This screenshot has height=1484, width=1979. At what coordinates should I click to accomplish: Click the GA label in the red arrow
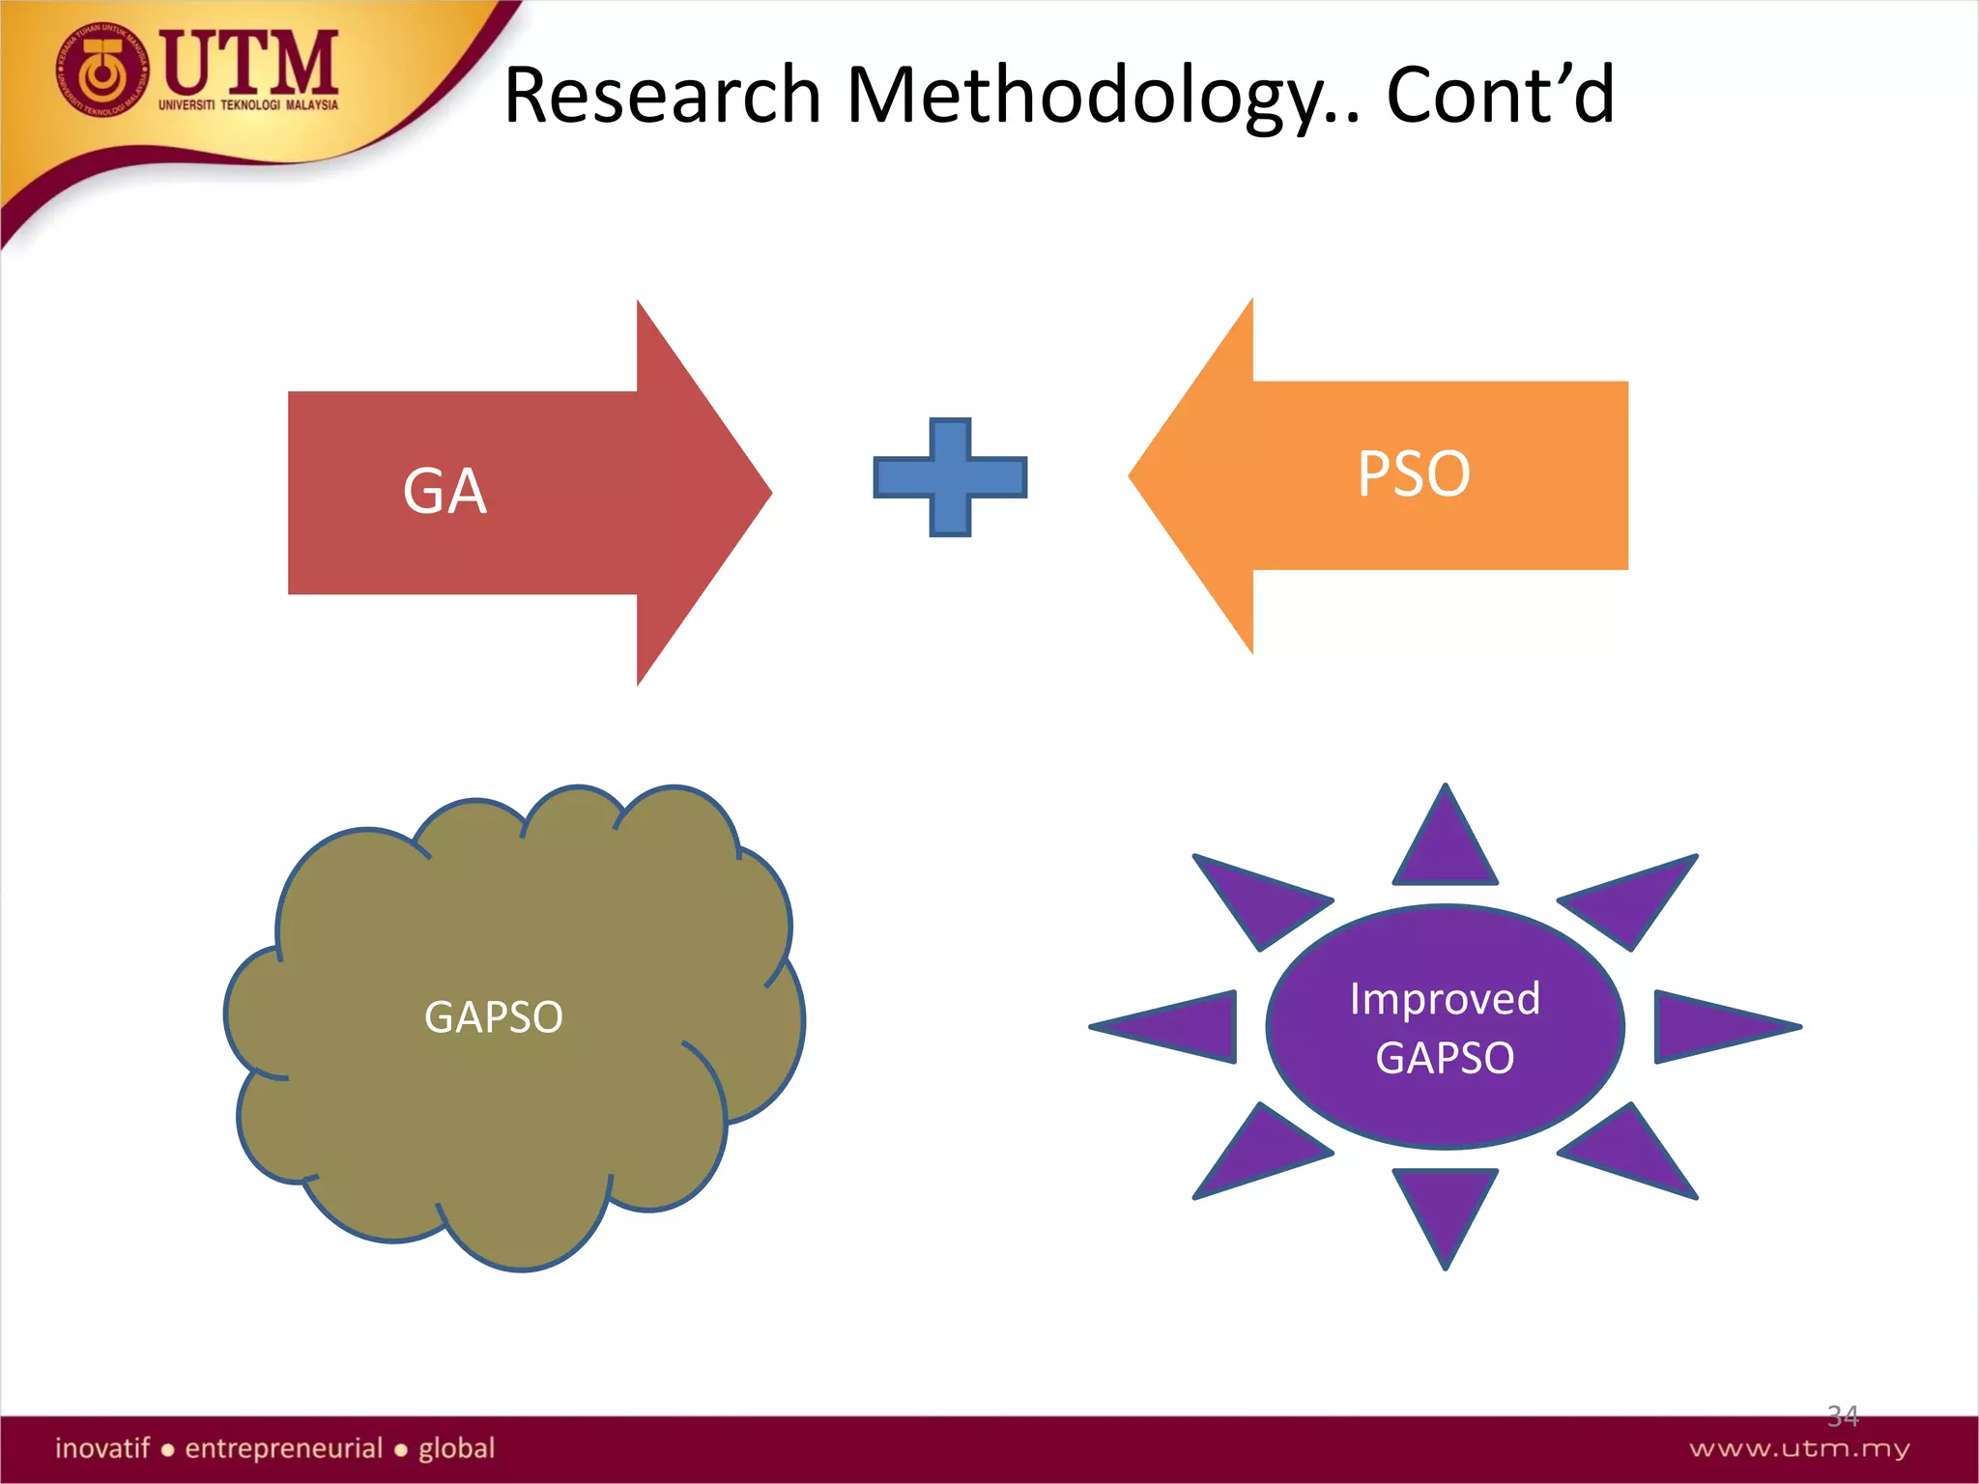[445, 491]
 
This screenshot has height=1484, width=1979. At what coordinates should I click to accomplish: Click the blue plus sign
[950, 477]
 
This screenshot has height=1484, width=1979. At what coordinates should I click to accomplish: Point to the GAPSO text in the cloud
[494, 1016]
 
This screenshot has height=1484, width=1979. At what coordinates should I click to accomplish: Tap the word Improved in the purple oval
[1445, 998]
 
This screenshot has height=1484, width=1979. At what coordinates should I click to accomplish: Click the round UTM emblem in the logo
[102, 71]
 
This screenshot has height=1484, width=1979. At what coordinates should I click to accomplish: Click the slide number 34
[1843, 1416]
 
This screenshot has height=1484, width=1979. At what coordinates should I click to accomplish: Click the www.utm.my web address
[1799, 1448]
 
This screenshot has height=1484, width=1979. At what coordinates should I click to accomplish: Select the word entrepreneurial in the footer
[284, 1448]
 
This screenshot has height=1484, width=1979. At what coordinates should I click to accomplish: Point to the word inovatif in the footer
[102, 1448]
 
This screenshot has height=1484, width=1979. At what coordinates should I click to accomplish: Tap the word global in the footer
[456, 1448]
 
